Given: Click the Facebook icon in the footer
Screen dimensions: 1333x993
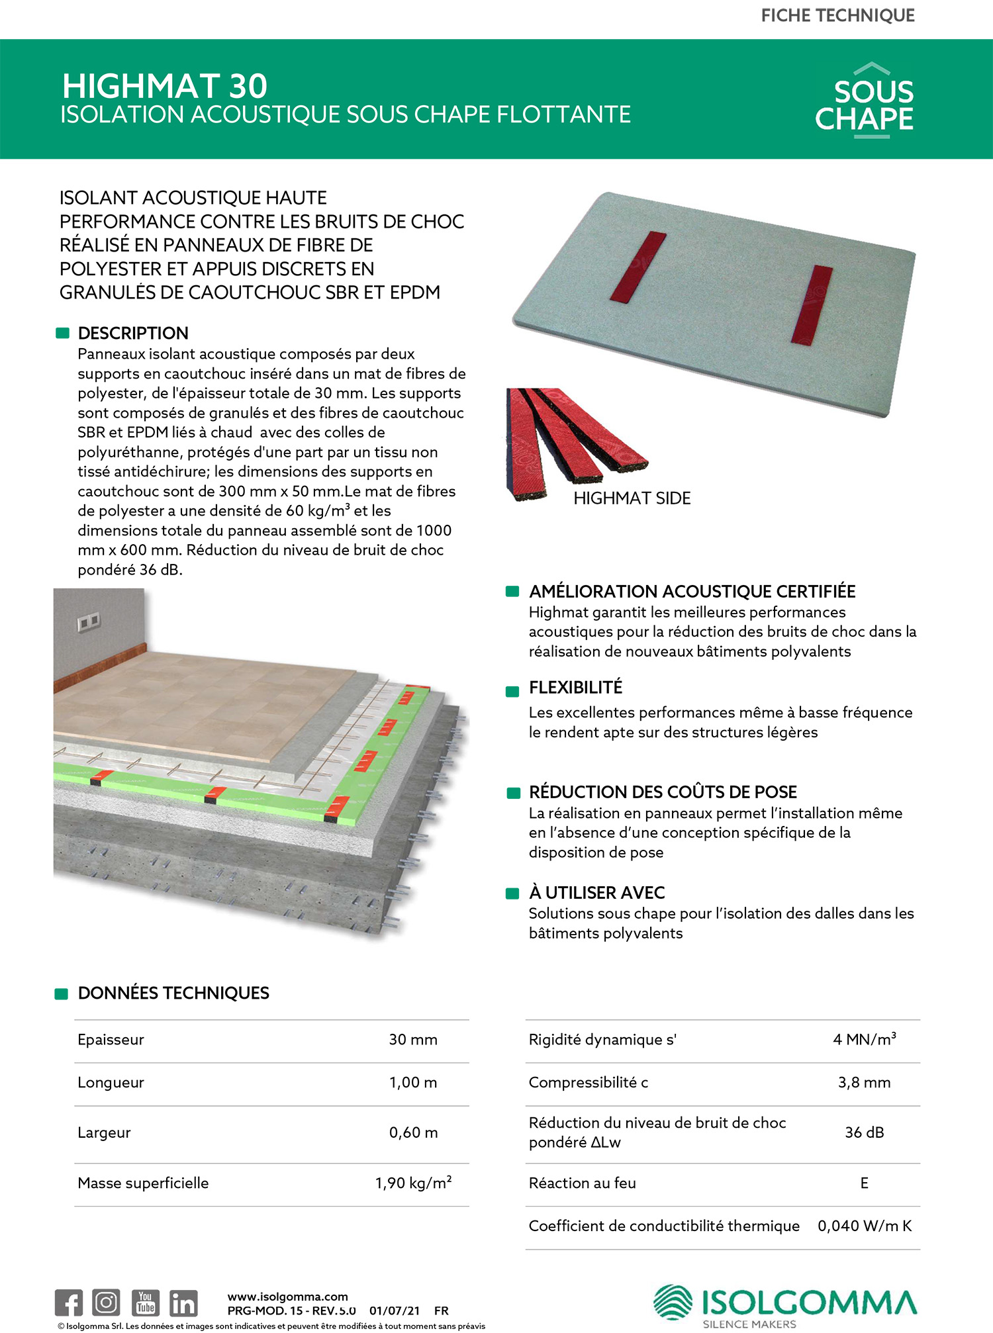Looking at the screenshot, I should pyautogui.click(x=69, y=1303).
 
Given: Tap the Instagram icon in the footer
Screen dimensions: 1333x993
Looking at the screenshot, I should pyautogui.click(x=106, y=1303).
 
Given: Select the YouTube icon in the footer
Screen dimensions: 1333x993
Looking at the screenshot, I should pyautogui.click(x=145, y=1303).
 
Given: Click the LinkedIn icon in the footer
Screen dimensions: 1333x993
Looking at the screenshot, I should pyautogui.click(x=183, y=1303).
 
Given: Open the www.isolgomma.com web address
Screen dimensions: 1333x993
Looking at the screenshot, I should pyautogui.click(x=287, y=1297).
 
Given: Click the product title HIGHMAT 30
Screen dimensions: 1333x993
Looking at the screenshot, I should pyautogui.click(x=165, y=87).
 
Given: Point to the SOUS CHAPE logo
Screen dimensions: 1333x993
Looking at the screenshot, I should pyautogui.click(x=865, y=103).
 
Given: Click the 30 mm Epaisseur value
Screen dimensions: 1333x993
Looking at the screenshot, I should pyautogui.click(x=413, y=1040).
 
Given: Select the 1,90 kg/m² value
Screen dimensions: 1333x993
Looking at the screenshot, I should pyautogui.click(x=413, y=1183).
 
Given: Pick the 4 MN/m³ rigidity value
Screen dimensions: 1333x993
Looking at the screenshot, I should pyautogui.click(x=864, y=1040).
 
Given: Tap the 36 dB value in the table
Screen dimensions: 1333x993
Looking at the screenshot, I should pyautogui.click(x=864, y=1132).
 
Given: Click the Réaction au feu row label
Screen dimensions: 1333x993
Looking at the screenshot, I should pyautogui.click(x=582, y=1183).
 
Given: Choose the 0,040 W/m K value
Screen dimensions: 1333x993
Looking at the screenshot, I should pyautogui.click(x=864, y=1226).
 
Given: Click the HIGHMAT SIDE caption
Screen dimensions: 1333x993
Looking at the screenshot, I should pyautogui.click(x=632, y=498).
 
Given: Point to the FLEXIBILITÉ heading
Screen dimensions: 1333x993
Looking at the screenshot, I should pyautogui.click(x=575, y=688).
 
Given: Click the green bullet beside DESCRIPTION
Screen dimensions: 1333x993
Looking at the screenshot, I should pyautogui.click(x=63, y=333).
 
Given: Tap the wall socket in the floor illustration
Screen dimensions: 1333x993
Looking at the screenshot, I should pyautogui.click(x=88, y=621).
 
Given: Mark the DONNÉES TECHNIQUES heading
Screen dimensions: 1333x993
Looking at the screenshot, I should pyautogui.click(x=173, y=993).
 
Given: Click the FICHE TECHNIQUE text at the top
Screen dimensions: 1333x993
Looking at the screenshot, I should pyautogui.click(x=837, y=16).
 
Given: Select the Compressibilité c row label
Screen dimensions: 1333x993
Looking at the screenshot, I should pyautogui.click(x=588, y=1082).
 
